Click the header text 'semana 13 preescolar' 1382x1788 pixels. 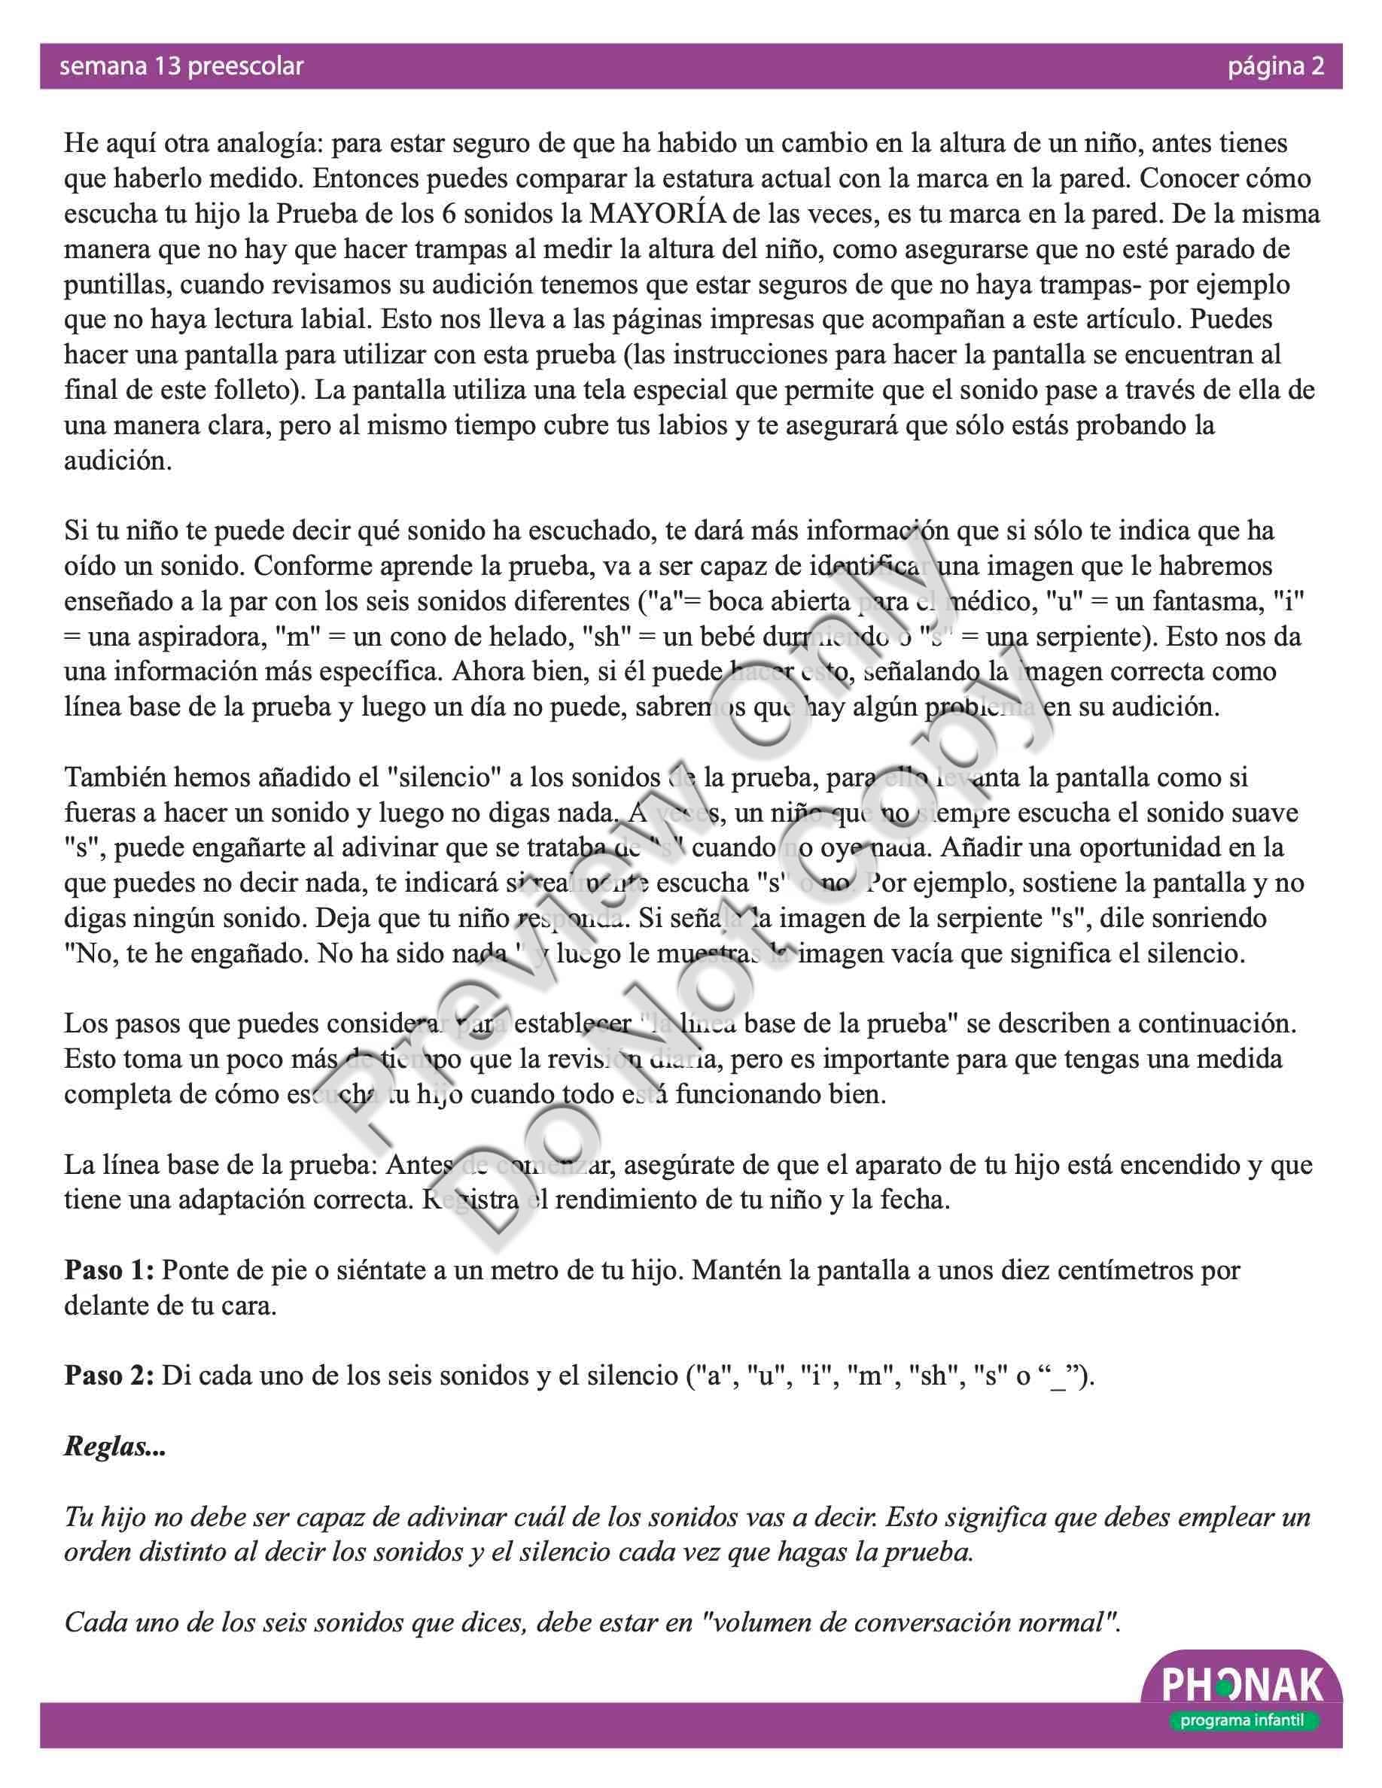tap(181, 66)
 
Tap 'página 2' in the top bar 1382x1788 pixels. tap(1275, 66)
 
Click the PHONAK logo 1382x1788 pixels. tap(1242, 1686)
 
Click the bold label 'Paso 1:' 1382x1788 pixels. tap(109, 1270)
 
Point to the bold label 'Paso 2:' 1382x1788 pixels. tap(109, 1376)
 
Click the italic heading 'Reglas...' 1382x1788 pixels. tap(114, 1446)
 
